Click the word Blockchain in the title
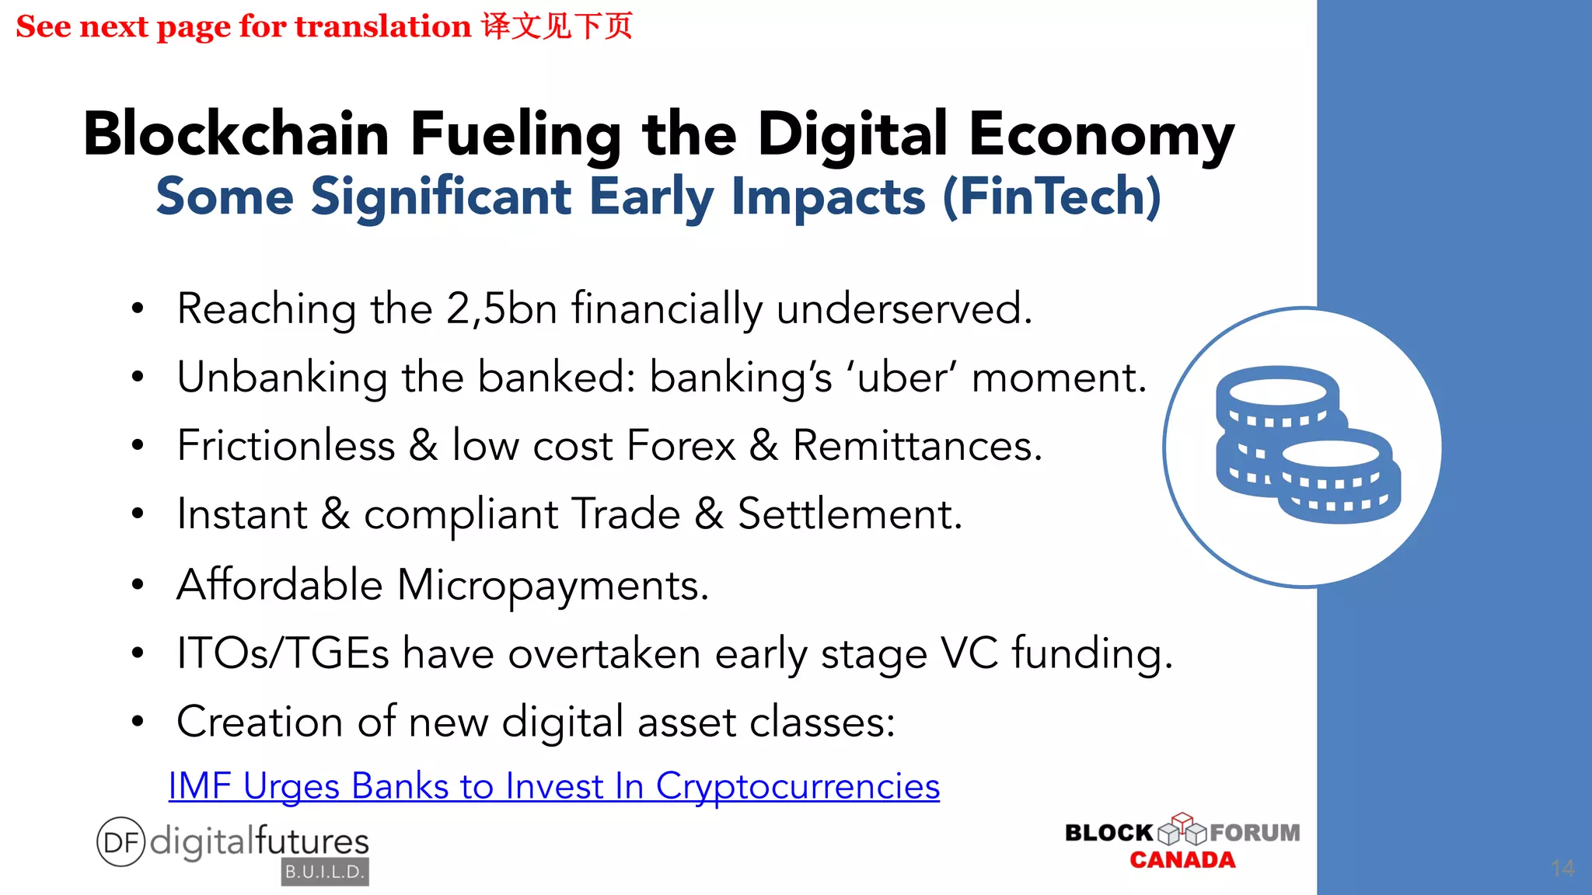[x=236, y=134]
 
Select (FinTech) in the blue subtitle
[x=1052, y=196]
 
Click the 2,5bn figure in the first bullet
[x=501, y=308]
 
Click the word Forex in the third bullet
[x=680, y=446]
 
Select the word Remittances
[x=916, y=446]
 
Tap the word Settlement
[x=850, y=514]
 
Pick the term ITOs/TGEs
[x=283, y=653]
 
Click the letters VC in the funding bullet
[x=969, y=653]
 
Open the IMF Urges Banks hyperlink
[x=553, y=785]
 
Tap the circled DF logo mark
[x=120, y=841]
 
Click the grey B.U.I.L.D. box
[x=325, y=872]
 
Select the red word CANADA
[x=1182, y=860]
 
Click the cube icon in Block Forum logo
[x=1182, y=829]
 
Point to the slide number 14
[x=1562, y=868]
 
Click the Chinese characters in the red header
[x=557, y=26]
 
